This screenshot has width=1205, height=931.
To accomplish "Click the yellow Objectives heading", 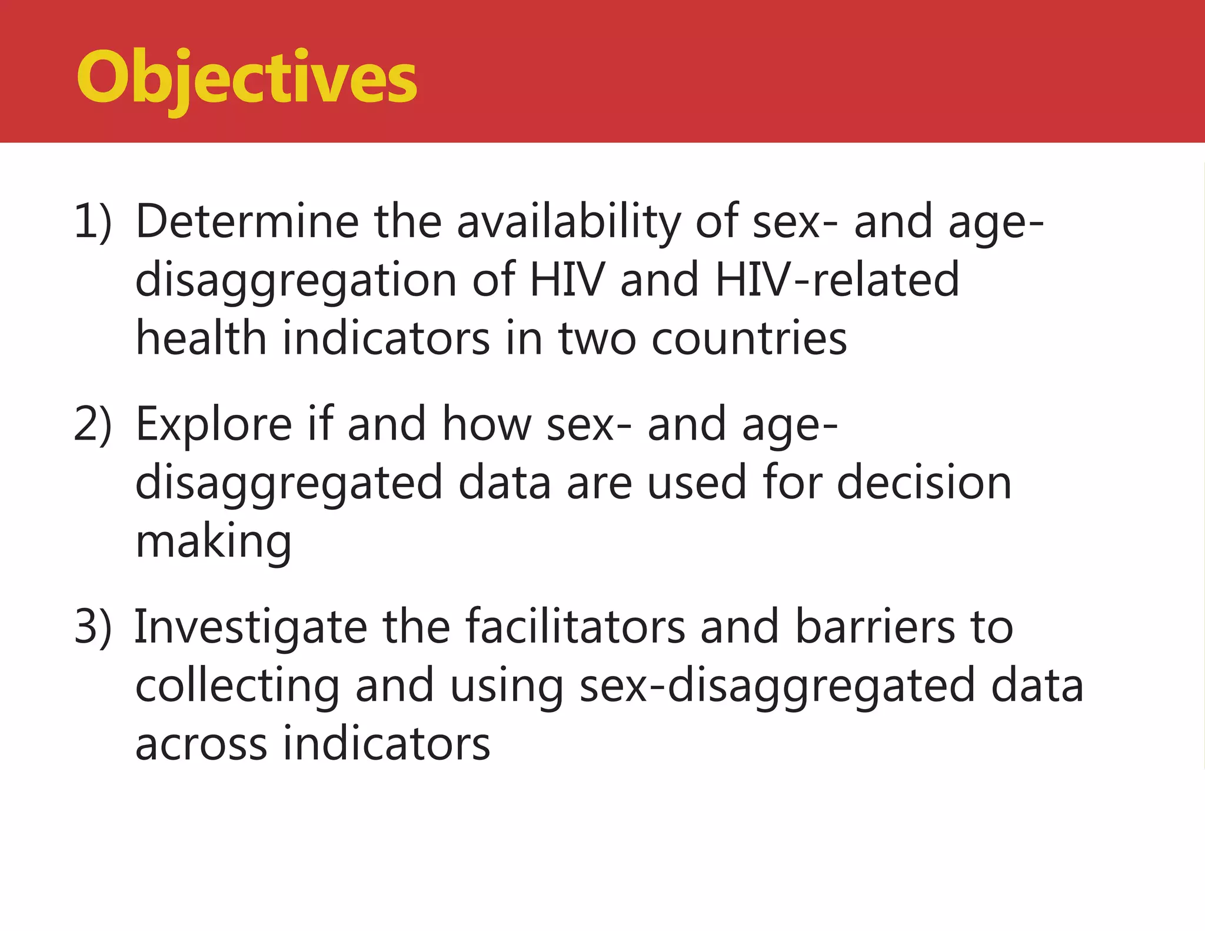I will click(247, 78).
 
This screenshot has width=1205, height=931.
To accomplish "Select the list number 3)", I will click(93, 627).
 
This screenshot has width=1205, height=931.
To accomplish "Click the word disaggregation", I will click(296, 281).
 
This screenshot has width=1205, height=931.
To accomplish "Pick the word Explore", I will click(214, 425).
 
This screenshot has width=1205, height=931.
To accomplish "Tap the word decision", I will click(924, 483).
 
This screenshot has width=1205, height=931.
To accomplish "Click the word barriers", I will click(875, 627).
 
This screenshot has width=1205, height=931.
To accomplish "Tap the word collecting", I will click(237, 686).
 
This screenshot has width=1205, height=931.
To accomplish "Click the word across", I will click(201, 744).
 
